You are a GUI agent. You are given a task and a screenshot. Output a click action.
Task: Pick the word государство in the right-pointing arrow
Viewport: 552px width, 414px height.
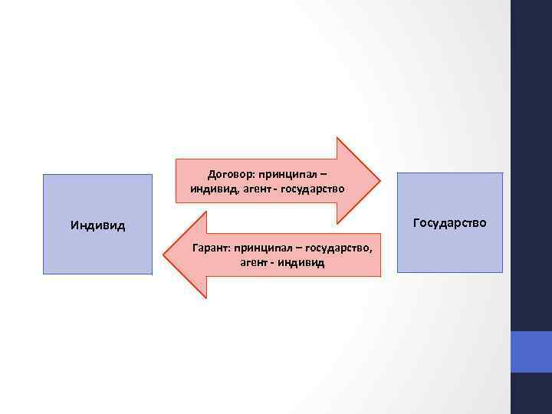(x=314, y=189)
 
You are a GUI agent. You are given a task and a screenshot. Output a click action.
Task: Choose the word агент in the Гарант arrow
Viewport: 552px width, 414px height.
(x=254, y=263)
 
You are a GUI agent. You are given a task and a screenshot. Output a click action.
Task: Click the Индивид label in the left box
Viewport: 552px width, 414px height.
(x=97, y=226)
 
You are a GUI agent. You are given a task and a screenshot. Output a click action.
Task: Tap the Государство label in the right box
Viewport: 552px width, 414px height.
(x=449, y=223)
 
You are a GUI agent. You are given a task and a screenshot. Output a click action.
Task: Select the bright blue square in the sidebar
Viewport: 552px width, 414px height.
(x=531, y=352)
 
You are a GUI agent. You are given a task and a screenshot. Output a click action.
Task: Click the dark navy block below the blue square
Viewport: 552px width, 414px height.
(x=531, y=393)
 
